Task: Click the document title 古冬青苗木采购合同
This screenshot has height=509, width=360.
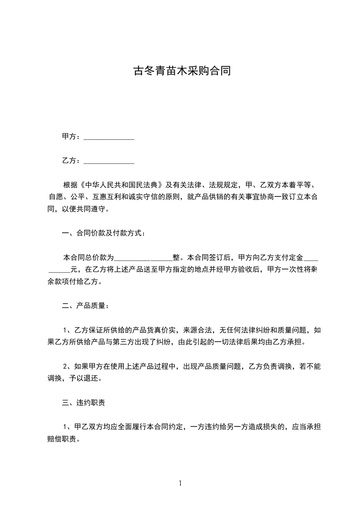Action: coord(180,71)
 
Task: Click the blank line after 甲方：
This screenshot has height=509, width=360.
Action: coord(109,137)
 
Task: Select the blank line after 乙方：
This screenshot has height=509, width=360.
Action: coord(109,161)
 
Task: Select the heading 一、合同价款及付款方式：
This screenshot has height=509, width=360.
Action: coord(104,234)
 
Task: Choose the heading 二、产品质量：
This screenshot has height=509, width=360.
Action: coord(85,306)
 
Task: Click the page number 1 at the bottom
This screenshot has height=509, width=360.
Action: coord(180,484)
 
